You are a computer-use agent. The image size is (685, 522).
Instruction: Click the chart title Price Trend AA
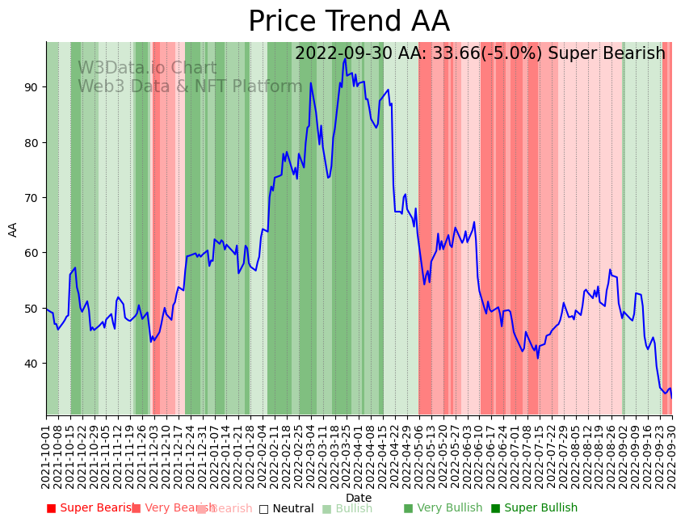(x=348, y=22)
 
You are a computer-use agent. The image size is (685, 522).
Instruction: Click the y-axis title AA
(x=13, y=229)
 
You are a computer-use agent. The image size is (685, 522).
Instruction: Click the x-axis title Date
(x=359, y=499)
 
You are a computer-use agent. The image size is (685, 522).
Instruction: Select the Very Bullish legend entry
(x=443, y=508)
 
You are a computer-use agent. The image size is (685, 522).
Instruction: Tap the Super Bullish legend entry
(x=534, y=508)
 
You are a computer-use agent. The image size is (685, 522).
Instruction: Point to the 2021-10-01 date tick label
(x=47, y=453)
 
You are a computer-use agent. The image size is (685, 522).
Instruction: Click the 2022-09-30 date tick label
(x=671, y=453)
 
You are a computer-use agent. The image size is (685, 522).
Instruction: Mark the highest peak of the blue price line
(x=345, y=58)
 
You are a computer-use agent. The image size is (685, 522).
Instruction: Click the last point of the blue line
(x=671, y=397)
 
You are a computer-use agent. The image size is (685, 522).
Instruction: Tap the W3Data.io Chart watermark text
(x=147, y=69)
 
